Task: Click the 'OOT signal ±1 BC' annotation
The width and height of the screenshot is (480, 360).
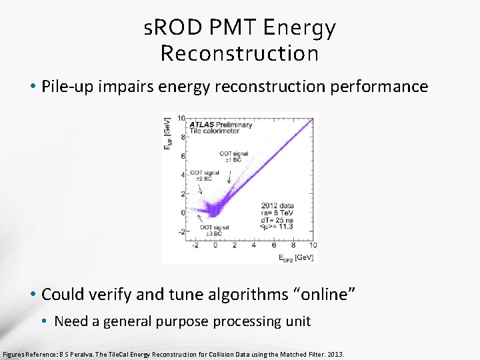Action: (234, 157)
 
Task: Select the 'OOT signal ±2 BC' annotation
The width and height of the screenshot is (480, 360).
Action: (205, 176)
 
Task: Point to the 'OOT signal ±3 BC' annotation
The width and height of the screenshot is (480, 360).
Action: (215, 231)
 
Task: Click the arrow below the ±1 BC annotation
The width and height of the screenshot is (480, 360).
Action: (230, 176)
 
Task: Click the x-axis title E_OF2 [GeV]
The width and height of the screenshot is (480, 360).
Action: (296, 257)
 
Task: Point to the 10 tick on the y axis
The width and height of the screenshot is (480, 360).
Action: (181, 119)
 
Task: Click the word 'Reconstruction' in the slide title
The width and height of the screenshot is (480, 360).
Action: (239, 53)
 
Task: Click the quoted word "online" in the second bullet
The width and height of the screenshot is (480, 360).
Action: (329, 293)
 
